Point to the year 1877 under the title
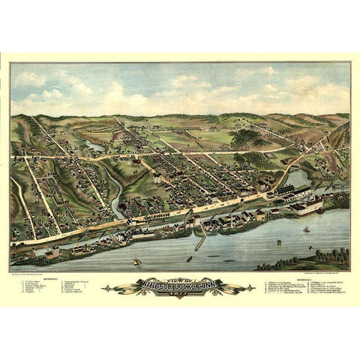pos(180,292)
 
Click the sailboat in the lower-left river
pos(137,262)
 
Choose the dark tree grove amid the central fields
pos(246,137)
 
